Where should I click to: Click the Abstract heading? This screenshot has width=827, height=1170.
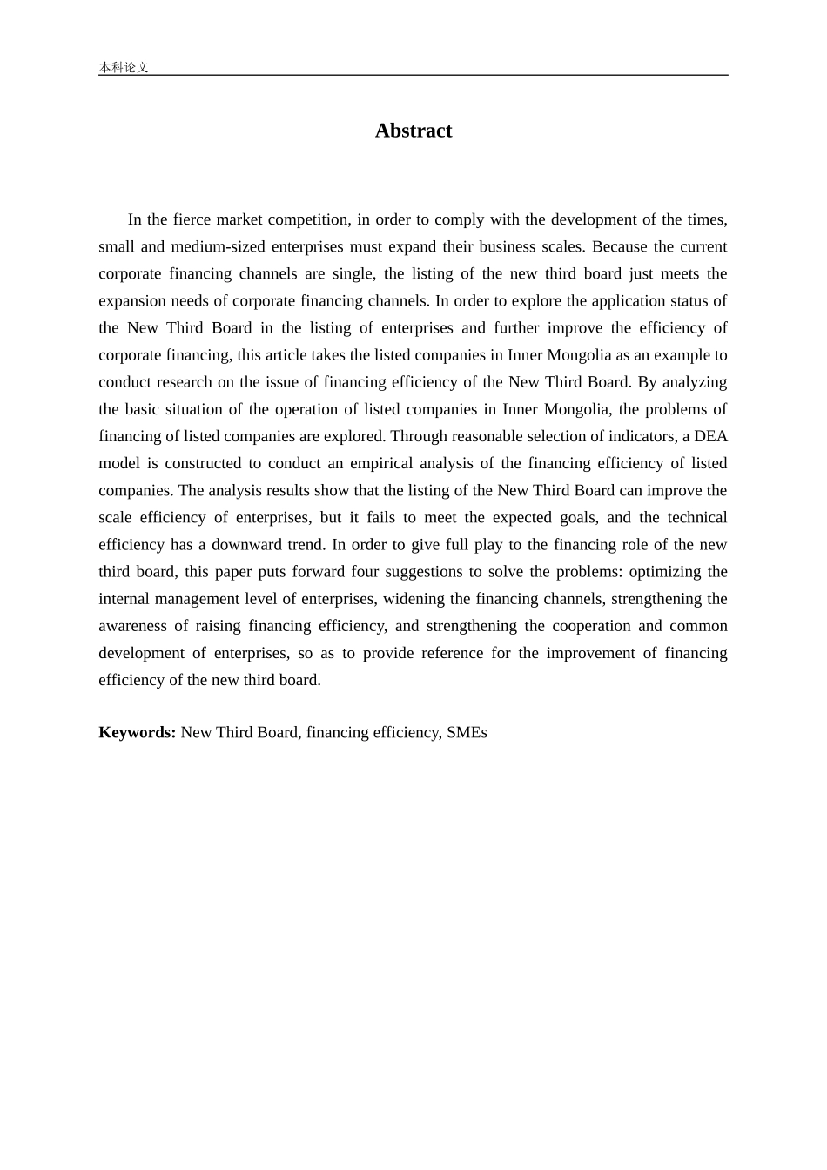(x=413, y=131)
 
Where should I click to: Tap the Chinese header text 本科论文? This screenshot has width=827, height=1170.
(x=124, y=67)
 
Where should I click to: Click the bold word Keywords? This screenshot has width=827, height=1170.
(x=138, y=732)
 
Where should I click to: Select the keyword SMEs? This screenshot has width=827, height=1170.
(x=467, y=732)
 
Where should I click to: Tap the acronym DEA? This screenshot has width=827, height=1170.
(x=709, y=436)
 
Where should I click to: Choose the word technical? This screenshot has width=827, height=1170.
(x=696, y=517)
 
